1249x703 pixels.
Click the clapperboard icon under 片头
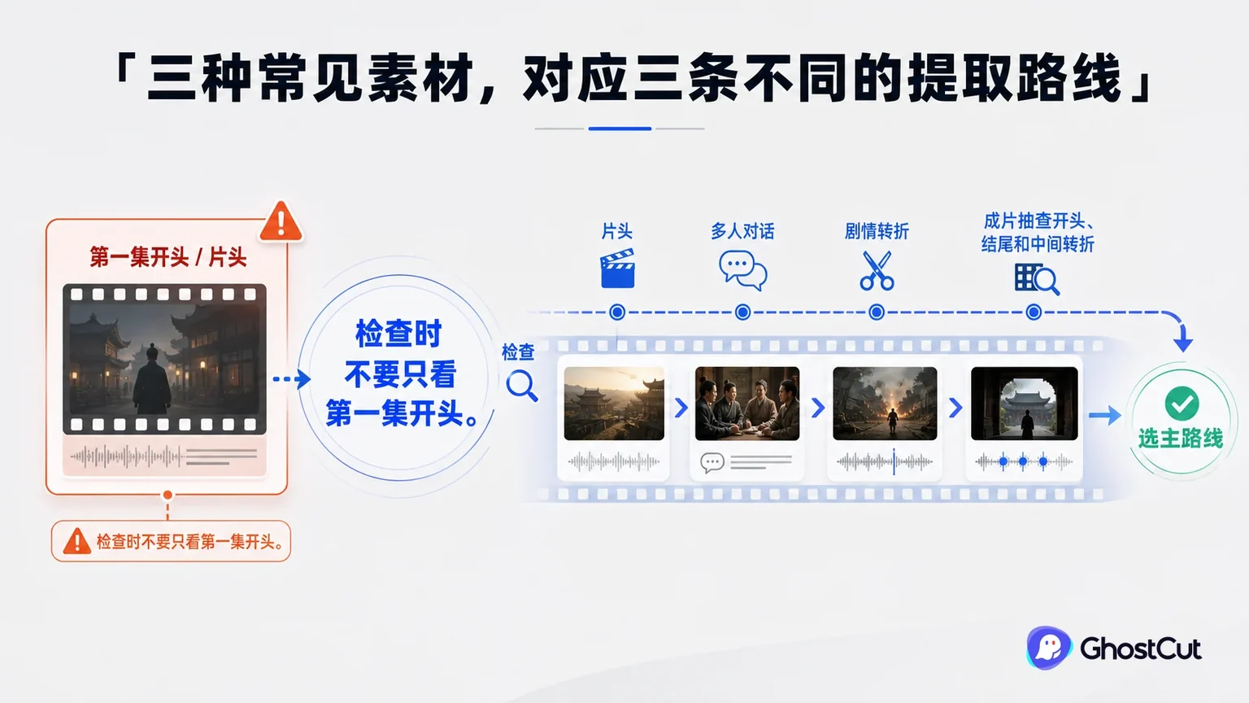(x=617, y=269)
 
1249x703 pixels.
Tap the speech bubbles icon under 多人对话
(x=742, y=271)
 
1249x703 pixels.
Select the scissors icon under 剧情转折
(x=877, y=271)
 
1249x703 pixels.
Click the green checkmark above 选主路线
(x=1182, y=404)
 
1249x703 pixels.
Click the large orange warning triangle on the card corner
(x=281, y=221)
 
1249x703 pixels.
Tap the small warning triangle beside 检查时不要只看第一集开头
(x=76, y=541)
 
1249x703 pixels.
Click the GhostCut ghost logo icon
(x=1048, y=648)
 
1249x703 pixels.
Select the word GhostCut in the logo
(x=1140, y=648)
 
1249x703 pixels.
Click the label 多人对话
(x=742, y=231)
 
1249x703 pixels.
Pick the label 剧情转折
(x=877, y=231)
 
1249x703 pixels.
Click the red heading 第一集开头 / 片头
(x=168, y=257)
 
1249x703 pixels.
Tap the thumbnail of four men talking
(x=747, y=404)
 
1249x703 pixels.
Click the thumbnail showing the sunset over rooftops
(x=614, y=404)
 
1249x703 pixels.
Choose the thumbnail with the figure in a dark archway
(x=1025, y=404)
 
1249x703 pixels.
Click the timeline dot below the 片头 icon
(x=617, y=312)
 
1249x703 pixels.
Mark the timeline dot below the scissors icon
(x=877, y=312)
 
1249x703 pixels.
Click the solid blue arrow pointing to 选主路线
(x=1104, y=415)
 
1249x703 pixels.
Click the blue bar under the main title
(x=620, y=129)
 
